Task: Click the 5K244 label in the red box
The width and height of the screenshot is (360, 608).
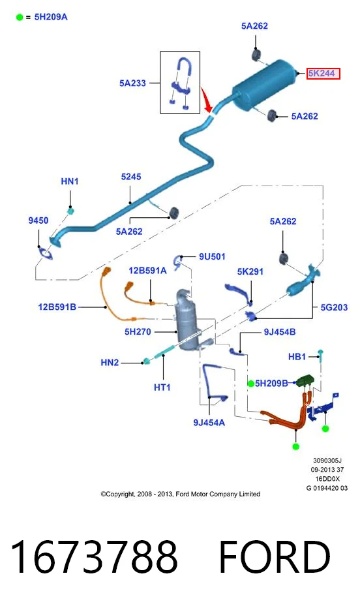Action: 322,73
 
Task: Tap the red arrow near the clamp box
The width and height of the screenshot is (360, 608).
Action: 207,100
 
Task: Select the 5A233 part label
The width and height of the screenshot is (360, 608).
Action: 132,83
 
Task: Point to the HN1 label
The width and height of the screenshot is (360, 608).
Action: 70,181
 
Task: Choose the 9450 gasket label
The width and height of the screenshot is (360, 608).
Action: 38,220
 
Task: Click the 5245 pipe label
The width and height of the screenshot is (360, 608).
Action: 131,177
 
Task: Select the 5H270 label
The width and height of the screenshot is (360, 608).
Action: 138,332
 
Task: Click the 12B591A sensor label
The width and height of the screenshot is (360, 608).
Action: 147,270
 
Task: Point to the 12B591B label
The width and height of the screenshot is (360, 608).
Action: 57,307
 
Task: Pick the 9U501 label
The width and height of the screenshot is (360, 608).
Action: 212,256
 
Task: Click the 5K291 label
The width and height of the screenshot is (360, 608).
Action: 250,272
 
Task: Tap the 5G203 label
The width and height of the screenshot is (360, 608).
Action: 334,307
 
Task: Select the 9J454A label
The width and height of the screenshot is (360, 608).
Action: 209,423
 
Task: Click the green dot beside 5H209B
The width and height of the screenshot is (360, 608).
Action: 251,384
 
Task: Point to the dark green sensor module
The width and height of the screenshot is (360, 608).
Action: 305,380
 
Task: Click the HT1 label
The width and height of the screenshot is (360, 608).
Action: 162,387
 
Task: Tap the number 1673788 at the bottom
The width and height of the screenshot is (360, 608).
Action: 94,556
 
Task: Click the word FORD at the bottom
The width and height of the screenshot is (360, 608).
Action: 275,556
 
